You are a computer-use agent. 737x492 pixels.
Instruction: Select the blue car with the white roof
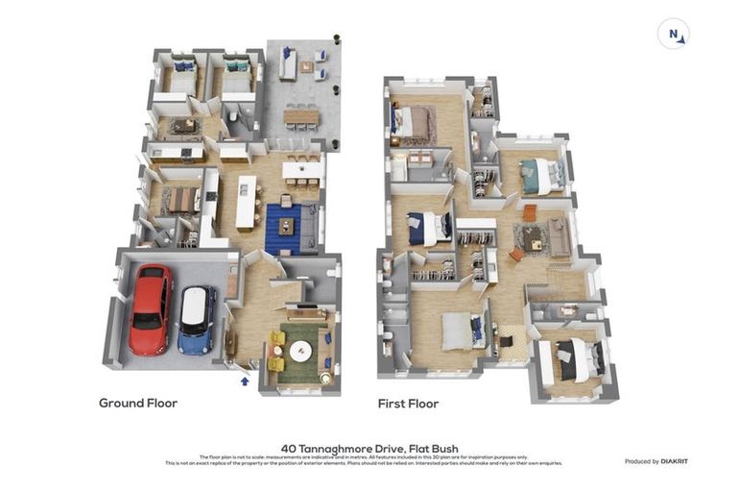pos(197,319)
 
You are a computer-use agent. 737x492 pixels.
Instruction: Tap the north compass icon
pos(674,35)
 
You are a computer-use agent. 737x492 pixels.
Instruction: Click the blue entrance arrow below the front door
pos(244,381)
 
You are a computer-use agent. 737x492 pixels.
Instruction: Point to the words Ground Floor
pos(138,404)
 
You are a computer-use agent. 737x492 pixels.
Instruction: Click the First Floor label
pos(408,404)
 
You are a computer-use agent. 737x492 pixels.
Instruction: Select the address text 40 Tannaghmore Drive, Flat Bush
pos(369,448)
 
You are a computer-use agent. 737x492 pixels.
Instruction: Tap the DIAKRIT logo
pos(674,461)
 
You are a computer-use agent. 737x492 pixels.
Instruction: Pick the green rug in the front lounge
pos(300,350)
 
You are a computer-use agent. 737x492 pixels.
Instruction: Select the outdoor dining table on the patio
pos(302,117)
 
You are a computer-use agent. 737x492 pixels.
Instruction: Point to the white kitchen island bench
pos(247,200)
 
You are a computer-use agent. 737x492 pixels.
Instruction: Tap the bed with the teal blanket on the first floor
pos(540,175)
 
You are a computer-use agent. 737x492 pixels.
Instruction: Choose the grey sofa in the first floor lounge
pos(559,236)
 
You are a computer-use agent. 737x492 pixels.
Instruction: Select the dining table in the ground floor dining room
pos(179,200)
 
